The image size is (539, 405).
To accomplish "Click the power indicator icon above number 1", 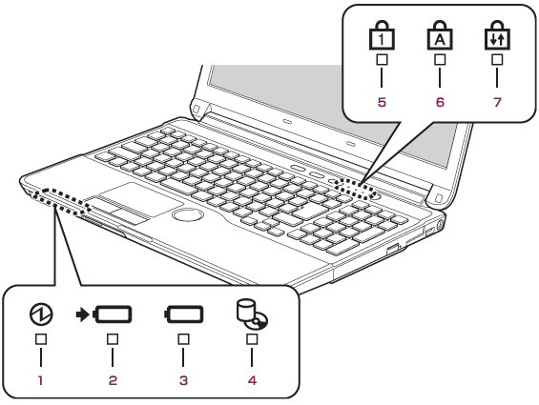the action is (41, 314).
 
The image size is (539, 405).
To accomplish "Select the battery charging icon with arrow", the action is (104, 314).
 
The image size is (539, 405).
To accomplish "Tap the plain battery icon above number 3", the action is (183, 314).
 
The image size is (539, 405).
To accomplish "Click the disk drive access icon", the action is (252, 314).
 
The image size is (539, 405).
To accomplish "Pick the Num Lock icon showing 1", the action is (382, 35).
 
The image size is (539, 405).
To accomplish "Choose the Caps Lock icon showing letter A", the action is (440, 35).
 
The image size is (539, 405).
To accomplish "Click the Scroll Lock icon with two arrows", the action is (497, 35).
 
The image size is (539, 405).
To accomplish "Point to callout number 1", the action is (41, 380).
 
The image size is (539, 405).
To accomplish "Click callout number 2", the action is (113, 380).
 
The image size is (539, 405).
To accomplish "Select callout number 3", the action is (183, 380).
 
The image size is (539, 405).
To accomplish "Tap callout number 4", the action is (252, 380).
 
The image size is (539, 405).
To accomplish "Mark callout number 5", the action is (382, 102).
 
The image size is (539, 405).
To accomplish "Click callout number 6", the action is (440, 102).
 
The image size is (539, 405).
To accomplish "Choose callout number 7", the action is (497, 102).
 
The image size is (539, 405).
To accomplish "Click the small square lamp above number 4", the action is (252, 339).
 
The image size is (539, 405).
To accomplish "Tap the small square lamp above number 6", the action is (440, 60).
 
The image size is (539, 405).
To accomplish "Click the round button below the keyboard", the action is (188, 215).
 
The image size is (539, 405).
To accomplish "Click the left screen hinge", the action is (198, 110).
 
